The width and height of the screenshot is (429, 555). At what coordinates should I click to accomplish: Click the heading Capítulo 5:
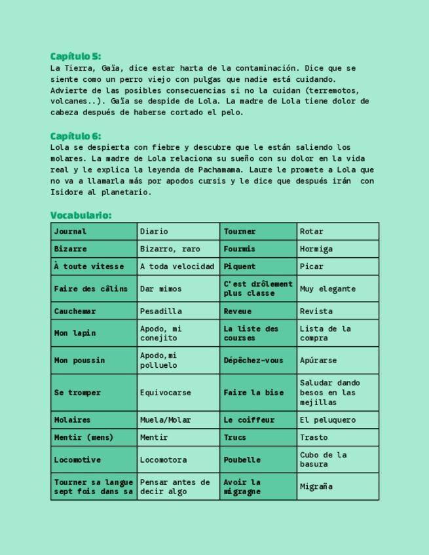point(75,56)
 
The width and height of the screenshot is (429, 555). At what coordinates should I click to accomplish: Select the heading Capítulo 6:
point(75,136)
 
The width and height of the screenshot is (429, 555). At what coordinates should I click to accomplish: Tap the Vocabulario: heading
point(81,215)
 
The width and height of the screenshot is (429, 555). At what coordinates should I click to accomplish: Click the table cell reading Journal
point(94,232)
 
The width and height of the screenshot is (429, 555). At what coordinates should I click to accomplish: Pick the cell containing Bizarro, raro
point(178,249)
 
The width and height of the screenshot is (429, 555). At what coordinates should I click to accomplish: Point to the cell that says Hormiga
point(337,249)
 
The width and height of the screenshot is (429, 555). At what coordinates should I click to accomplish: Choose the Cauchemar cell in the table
point(94,311)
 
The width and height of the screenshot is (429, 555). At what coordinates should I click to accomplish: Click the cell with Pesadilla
point(178,311)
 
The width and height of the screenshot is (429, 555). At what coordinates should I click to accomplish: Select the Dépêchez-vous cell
point(259,361)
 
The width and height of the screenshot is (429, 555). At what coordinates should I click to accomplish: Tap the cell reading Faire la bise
point(259,393)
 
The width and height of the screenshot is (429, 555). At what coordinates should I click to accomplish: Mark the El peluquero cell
point(337,420)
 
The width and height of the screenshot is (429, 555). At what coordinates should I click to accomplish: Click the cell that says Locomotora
point(178,460)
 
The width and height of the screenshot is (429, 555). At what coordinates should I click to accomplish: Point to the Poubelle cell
point(259,460)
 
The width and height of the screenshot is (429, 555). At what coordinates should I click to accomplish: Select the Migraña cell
point(337,487)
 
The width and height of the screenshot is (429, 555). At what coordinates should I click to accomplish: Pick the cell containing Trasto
point(337,438)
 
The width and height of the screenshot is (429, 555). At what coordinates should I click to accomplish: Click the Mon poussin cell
point(94,361)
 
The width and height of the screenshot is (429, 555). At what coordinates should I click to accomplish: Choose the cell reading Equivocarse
point(178,393)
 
